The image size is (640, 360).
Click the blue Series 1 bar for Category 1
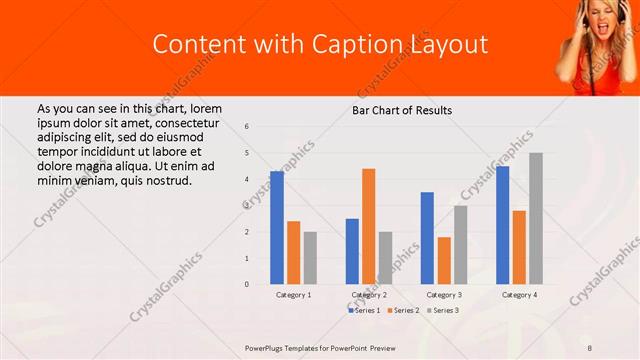[277, 228]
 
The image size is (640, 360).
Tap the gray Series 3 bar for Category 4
[536, 218]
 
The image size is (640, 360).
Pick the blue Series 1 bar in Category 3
[427, 238]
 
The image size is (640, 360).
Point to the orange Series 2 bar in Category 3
[444, 260]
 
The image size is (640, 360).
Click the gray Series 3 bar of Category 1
[310, 258]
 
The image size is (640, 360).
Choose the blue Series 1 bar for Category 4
[502, 225]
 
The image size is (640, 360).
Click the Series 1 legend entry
[363, 311]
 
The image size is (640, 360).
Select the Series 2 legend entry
[402, 311]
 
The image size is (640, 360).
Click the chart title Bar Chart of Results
[402, 110]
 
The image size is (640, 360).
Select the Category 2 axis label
[369, 295]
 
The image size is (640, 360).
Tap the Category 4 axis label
[519, 295]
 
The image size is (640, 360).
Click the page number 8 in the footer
[590, 347]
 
